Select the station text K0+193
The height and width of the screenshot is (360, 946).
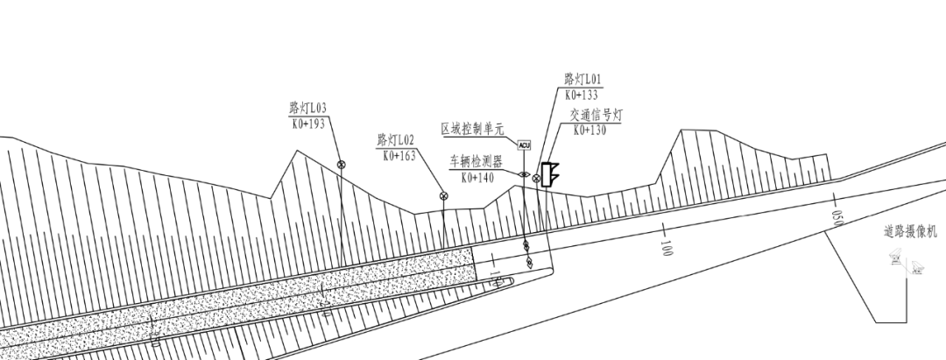coord(307,124)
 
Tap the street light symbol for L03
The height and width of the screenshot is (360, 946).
coord(341,164)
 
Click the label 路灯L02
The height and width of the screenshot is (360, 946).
coord(395,140)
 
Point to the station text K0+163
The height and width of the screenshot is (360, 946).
coord(399,156)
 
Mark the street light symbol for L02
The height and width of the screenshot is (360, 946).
coord(443,195)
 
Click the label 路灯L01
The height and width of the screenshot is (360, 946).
coord(582,80)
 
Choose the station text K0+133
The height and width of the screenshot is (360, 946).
coord(582,95)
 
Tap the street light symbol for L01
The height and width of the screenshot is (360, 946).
coord(536,178)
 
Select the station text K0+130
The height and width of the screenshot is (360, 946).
coord(591,130)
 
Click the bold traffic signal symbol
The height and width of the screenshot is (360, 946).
coord(549,175)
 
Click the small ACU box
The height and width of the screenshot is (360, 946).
coord(525,145)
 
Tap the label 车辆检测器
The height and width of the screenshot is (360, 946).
coord(476,161)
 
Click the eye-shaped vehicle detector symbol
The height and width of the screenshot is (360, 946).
coord(524,174)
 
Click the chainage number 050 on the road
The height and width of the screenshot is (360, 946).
coord(837,216)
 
